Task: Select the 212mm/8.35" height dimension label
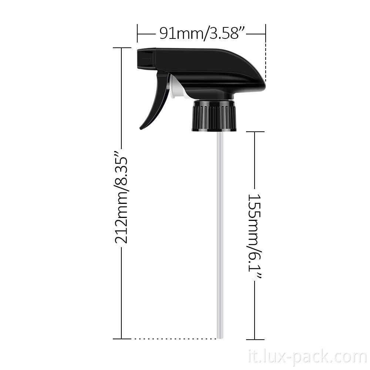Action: point(121,197)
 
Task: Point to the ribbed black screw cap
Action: point(214,116)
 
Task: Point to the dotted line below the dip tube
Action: point(174,339)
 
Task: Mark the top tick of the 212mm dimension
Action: point(122,48)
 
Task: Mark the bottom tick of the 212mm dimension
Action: point(122,339)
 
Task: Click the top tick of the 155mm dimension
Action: point(255,131)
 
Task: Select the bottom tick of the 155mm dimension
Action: point(255,339)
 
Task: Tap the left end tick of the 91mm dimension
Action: point(137,34)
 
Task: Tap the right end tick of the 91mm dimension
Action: point(266,34)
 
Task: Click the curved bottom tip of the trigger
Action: point(142,127)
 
